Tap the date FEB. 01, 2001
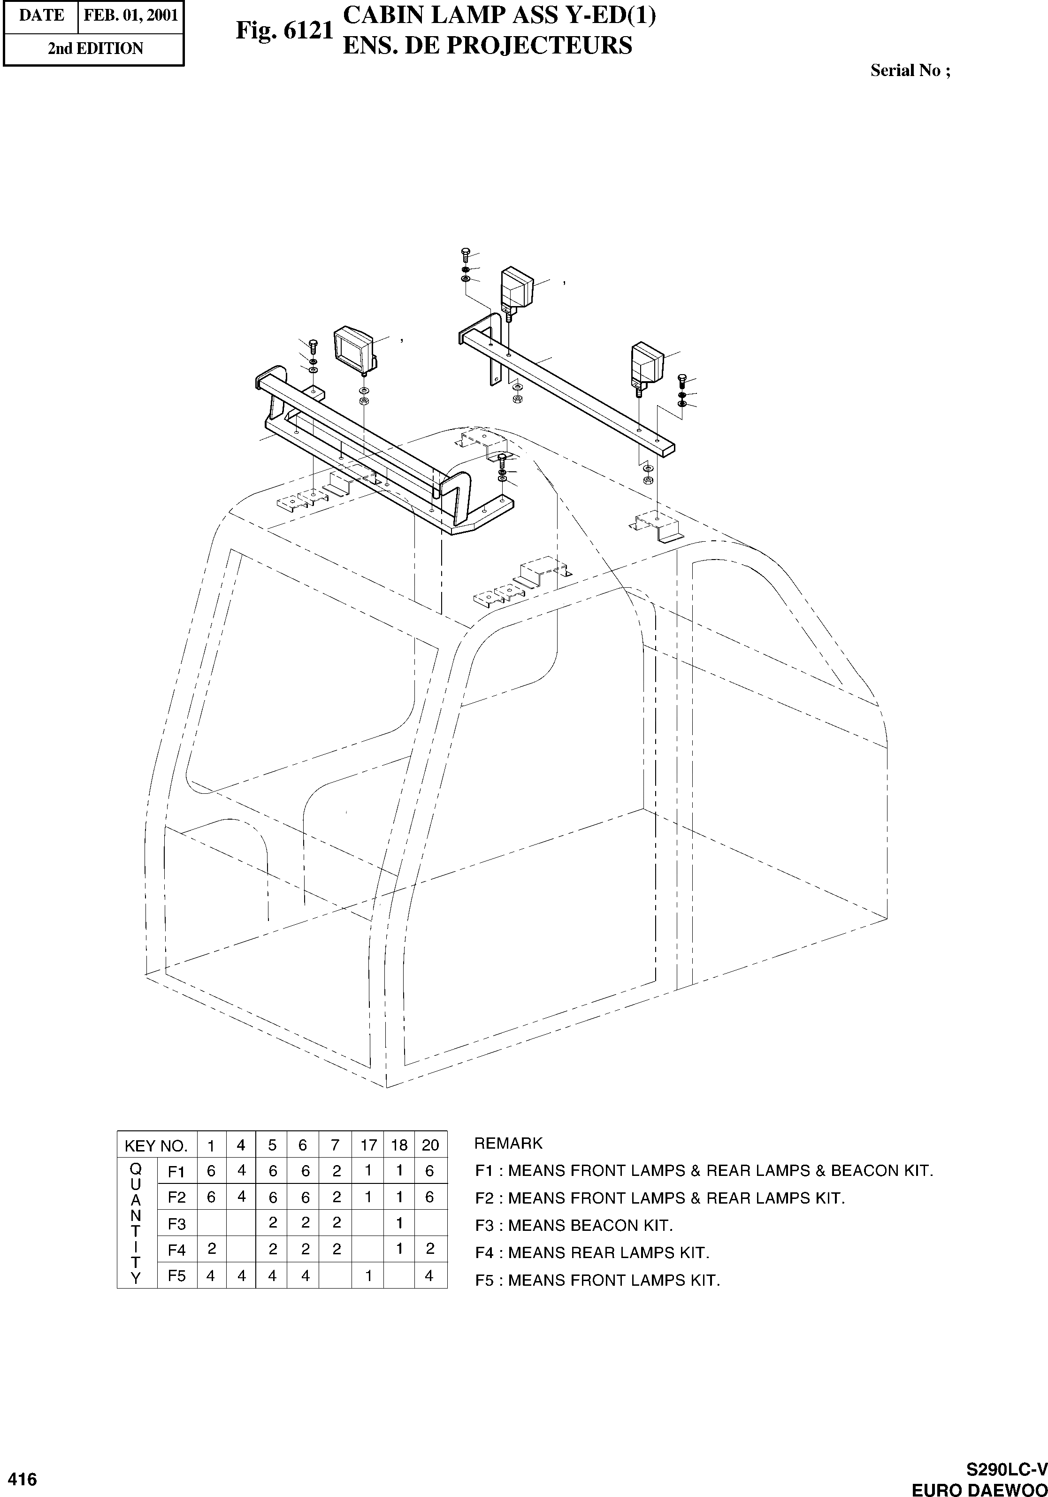click(131, 15)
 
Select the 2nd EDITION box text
click(95, 49)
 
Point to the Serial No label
click(910, 70)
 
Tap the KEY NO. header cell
click(156, 1145)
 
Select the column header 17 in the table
click(368, 1145)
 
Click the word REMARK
click(508, 1143)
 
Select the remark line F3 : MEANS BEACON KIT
click(574, 1225)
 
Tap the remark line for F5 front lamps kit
click(597, 1280)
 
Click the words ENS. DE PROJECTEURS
click(487, 46)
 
